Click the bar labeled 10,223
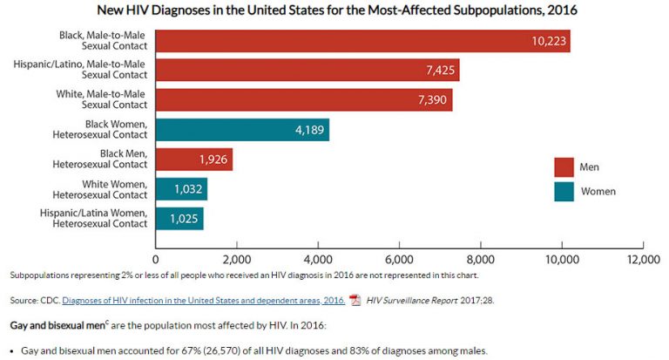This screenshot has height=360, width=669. point(362,41)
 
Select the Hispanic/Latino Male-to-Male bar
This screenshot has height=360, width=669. point(307,70)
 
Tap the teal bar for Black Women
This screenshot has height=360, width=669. point(242,130)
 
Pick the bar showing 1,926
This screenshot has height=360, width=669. point(193,160)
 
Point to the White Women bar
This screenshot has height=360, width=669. point(181,189)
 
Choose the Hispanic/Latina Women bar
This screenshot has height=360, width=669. point(179,219)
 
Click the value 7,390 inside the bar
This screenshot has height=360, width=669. point(432,100)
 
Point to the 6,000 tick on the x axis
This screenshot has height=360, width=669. point(399,259)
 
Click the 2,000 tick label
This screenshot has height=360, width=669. point(237,259)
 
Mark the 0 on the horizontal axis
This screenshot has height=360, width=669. point(156,259)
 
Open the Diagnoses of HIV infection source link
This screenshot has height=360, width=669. point(202,300)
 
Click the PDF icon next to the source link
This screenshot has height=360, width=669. point(355,300)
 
